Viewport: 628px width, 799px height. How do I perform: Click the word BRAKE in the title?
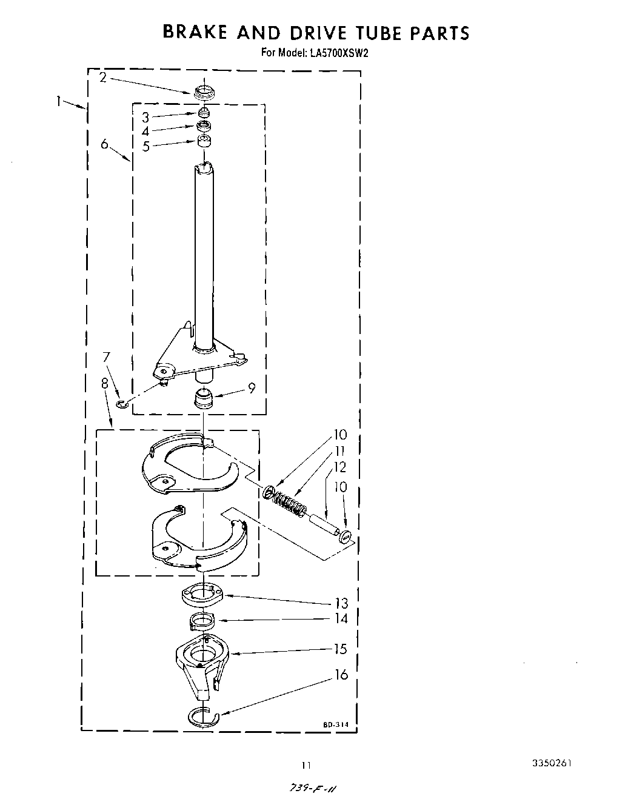click(x=195, y=32)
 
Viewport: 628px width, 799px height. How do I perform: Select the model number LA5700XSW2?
click(x=340, y=53)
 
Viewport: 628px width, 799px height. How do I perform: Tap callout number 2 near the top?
click(x=103, y=78)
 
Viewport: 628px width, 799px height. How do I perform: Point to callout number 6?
click(x=104, y=144)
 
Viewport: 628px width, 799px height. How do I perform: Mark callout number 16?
click(x=342, y=675)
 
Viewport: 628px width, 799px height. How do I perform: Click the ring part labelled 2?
click(x=205, y=93)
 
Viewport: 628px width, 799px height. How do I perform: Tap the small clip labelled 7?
click(x=122, y=403)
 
